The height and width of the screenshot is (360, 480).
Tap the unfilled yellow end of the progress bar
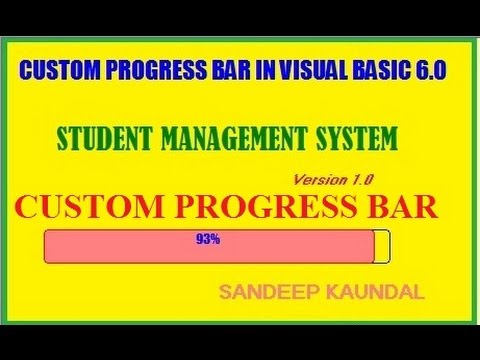(x=381, y=247)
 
